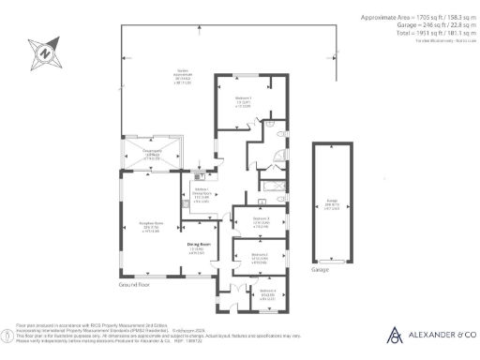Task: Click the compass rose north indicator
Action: (x=42, y=54)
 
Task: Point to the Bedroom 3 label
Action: (x=262, y=221)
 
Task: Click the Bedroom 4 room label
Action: (x=267, y=292)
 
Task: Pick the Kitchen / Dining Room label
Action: (x=201, y=194)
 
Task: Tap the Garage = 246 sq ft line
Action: (x=425, y=24)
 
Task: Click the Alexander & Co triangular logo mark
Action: (x=396, y=335)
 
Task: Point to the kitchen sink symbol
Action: (x=200, y=175)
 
